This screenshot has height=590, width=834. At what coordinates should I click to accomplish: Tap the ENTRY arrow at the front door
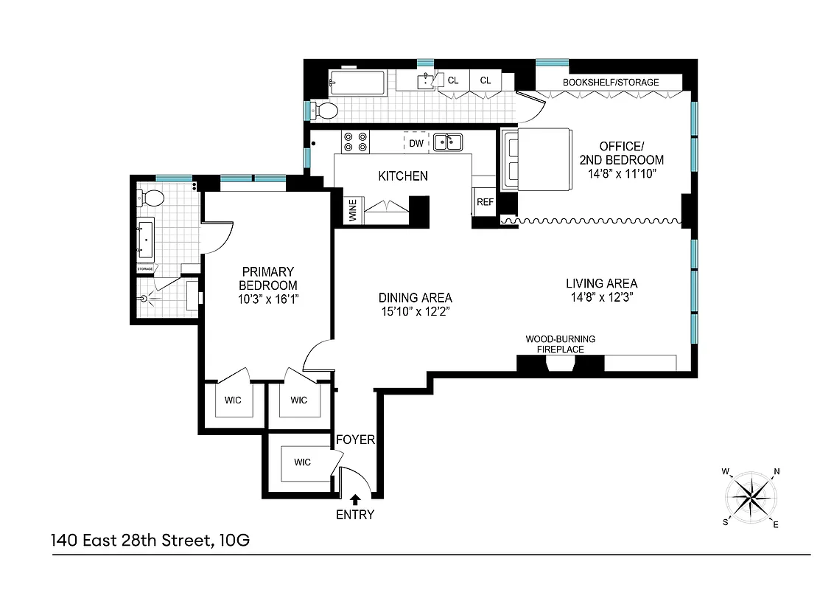356,499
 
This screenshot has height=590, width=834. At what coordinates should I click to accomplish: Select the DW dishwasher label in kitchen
416,143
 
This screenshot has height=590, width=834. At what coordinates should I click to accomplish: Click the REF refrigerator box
485,201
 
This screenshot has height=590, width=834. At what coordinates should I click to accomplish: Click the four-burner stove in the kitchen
355,142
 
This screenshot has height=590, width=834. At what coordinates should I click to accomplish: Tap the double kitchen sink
448,142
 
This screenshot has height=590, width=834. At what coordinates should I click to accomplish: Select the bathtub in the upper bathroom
357,83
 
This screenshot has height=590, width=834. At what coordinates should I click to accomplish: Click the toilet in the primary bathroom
152,198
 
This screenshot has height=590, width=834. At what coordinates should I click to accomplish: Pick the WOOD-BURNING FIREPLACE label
560,344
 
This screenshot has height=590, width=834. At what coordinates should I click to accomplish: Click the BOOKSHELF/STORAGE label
611,82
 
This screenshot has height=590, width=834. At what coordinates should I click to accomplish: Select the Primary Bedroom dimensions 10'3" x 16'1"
268,299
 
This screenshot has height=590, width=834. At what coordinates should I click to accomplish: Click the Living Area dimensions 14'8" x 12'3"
601,297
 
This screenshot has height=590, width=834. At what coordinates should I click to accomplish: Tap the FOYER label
355,440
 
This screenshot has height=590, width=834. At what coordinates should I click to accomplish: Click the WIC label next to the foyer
302,462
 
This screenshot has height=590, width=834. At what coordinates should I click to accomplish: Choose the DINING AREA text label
415,298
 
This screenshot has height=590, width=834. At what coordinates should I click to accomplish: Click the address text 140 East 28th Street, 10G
150,541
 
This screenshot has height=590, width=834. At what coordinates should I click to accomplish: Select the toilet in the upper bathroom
324,111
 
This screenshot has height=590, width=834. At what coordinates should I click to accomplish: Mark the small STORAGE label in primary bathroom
144,269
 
